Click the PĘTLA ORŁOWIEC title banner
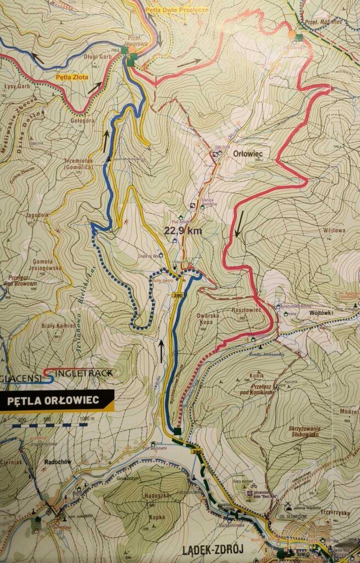tap(54, 400)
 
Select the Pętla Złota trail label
tap(71, 78)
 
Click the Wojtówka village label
tap(323, 312)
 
